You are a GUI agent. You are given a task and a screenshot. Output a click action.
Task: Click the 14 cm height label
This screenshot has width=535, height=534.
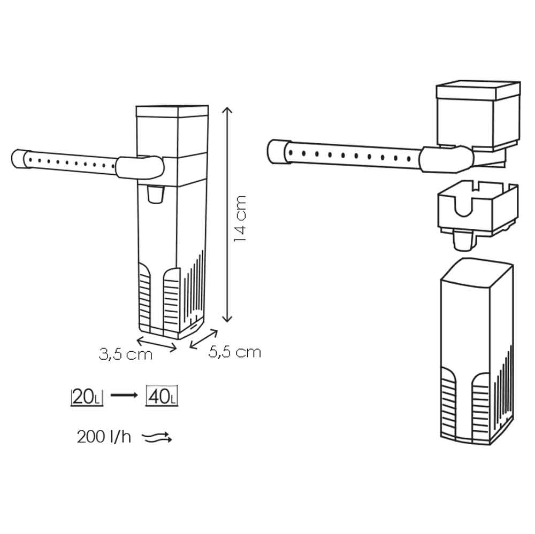(240, 219)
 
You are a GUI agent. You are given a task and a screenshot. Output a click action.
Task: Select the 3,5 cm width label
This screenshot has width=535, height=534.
(125, 354)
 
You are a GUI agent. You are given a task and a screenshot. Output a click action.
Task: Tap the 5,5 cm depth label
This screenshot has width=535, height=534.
(235, 352)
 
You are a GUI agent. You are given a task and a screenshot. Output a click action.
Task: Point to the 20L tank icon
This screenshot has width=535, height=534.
(87, 396)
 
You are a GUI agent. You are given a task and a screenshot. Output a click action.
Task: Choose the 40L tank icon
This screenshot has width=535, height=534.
(162, 396)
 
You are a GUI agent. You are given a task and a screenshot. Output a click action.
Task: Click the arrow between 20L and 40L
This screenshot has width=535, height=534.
(124, 395)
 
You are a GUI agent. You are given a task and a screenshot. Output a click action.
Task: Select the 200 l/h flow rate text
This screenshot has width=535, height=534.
(104, 437)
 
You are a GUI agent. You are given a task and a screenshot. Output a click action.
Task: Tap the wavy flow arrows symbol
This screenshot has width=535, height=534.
(157, 437)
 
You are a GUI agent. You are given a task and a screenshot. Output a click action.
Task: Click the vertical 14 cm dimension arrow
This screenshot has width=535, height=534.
(227, 214)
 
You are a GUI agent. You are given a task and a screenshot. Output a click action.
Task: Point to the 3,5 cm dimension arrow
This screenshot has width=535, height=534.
(157, 343)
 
